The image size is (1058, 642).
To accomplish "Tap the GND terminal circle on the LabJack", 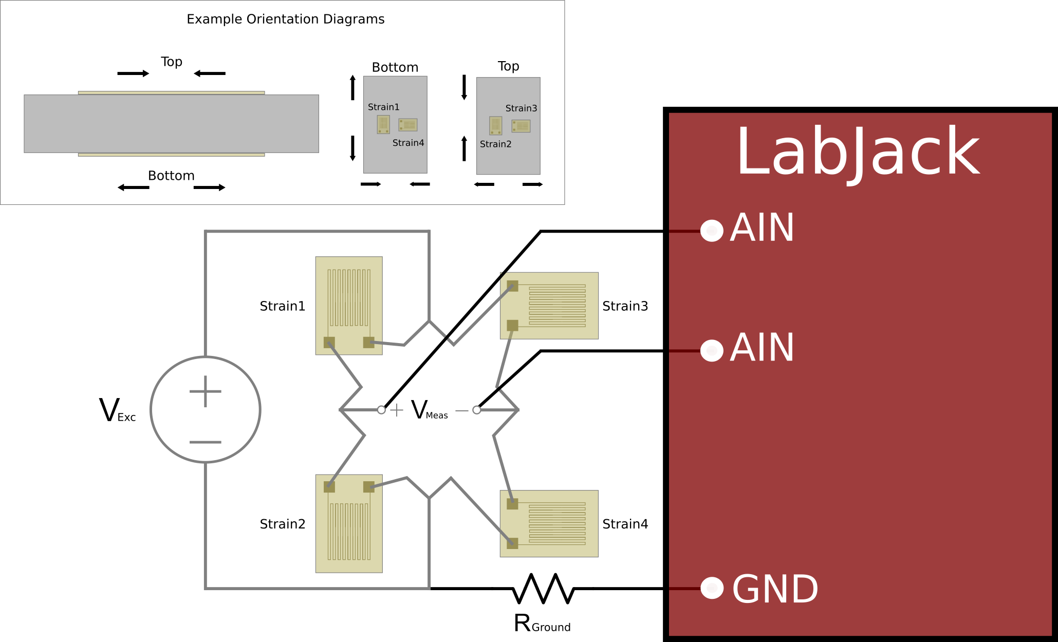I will click(712, 588).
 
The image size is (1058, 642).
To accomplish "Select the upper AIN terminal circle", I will click(712, 231).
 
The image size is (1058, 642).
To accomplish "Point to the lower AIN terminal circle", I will click(712, 350).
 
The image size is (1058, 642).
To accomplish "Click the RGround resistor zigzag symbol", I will click(543, 588).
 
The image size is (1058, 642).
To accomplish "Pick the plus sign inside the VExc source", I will click(206, 391).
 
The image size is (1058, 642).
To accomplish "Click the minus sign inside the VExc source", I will click(206, 442).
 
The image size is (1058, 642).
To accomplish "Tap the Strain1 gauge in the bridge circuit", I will click(348, 305).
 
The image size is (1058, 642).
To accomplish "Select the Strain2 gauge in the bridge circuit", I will click(348, 523).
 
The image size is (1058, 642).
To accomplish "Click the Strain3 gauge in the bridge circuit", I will click(549, 306).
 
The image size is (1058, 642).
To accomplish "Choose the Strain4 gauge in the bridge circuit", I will click(549, 523).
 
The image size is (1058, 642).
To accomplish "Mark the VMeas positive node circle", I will click(381, 410).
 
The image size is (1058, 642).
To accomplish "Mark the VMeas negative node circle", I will click(477, 410).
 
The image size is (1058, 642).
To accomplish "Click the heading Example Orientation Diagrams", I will click(285, 19).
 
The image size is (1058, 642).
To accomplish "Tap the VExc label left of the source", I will click(117, 411).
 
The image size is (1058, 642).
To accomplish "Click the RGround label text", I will click(542, 624).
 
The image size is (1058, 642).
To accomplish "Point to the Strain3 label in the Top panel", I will click(521, 108).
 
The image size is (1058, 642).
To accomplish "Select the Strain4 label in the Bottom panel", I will click(408, 143).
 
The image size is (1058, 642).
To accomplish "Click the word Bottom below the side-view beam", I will click(171, 176).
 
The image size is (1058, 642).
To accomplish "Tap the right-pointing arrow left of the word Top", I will click(133, 73).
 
